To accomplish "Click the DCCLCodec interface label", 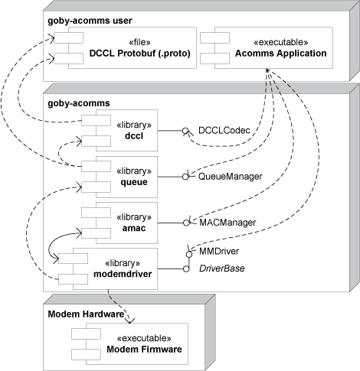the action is click(224, 130).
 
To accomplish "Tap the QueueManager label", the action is click(231, 177).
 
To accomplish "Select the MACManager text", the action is click(227, 223).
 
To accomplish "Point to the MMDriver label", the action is click(219, 251).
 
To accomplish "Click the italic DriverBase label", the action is click(222, 268).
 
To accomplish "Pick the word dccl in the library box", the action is click(134, 136).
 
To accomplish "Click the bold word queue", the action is click(134, 182).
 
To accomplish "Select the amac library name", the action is click(134, 228).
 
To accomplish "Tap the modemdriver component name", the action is click(123, 274).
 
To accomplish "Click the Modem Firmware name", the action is click(144, 349).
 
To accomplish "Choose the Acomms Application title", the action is click(281, 54).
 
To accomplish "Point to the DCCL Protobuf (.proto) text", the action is click(140, 54).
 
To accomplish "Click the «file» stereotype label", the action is click(139, 42).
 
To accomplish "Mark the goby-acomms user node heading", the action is click(90, 21).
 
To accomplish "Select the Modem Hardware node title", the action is click(86, 314).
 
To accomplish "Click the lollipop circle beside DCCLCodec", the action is click(185, 131).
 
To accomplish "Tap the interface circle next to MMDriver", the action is click(189, 254).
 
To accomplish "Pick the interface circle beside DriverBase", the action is click(186, 268).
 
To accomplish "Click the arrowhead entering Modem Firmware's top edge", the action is click(130, 321).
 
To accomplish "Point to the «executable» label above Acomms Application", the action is click(281, 42).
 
